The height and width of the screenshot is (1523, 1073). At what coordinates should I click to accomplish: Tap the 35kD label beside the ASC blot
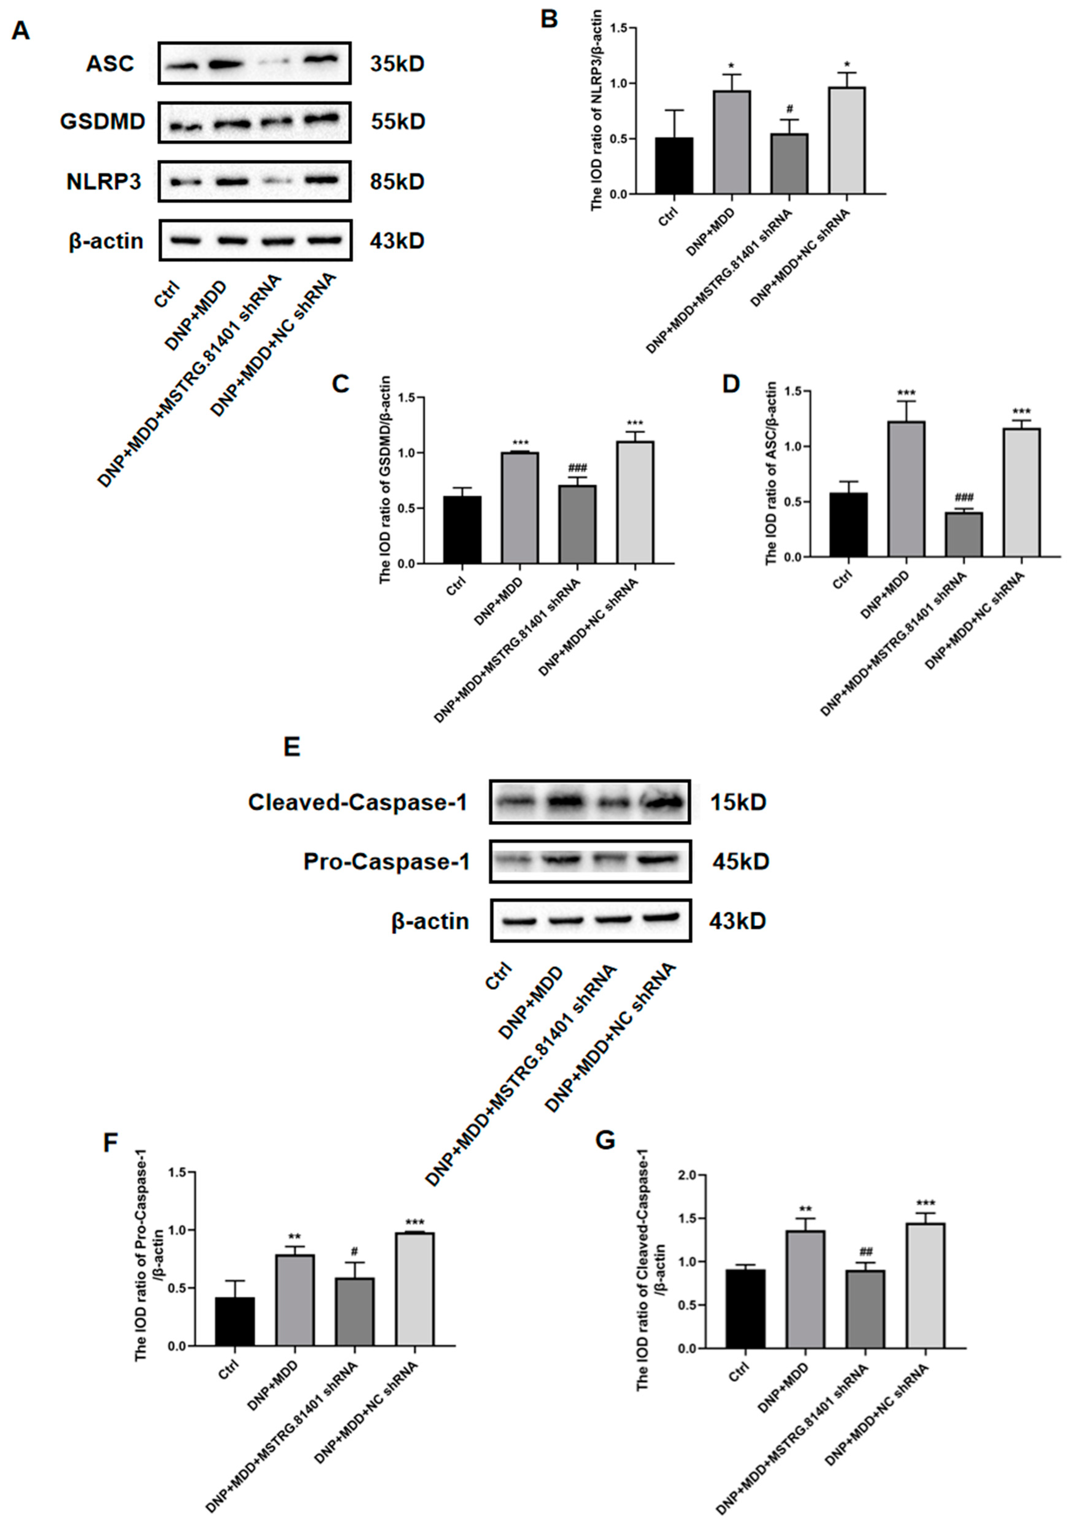click(396, 64)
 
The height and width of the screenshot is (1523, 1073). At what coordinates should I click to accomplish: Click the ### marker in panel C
click(577, 468)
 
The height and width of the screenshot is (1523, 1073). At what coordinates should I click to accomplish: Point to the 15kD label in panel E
click(738, 803)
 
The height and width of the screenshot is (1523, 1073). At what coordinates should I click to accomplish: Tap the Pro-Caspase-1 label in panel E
click(387, 862)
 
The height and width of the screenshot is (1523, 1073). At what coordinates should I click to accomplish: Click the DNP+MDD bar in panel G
click(806, 1289)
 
